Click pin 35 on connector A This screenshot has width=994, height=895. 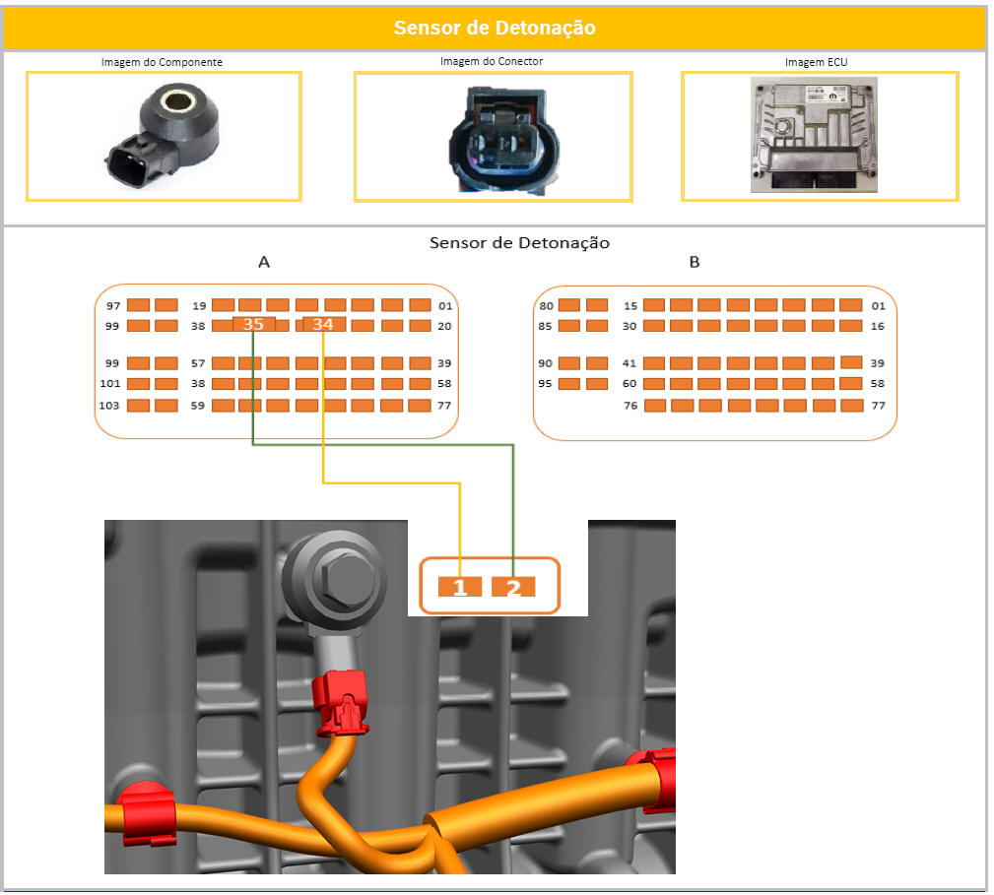tap(253, 324)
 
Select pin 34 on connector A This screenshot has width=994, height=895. tap(323, 324)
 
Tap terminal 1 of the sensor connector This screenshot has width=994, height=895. tap(460, 587)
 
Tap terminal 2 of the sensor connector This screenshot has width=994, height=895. tap(513, 587)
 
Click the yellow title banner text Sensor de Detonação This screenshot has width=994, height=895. tap(495, 28)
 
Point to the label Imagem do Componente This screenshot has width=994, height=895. tap(162, 62)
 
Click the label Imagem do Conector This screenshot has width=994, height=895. tap(492, 61)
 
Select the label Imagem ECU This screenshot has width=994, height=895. tap(816, 62)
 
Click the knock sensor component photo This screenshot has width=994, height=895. tap(163, 136)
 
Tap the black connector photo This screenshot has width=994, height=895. tap(504, 141)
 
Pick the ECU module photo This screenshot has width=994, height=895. tap(814, 135)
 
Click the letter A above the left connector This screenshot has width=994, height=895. tap(264, 262)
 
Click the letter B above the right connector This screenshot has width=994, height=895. tap(695, 262)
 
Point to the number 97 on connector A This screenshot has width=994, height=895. tap(113, 306)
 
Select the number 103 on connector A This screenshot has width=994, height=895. tap(109, 406)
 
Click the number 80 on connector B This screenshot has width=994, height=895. tap(546, 306)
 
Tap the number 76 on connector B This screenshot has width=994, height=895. tap(630, 406)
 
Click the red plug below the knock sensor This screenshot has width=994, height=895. tap(341, 703)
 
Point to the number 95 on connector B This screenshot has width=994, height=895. tap(545, 384)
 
